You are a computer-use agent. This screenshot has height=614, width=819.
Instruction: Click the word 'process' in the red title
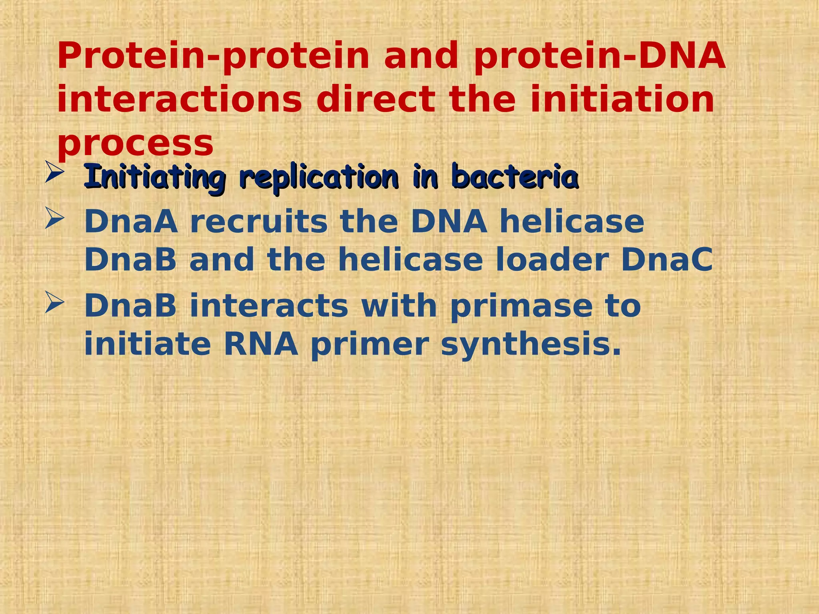coord(135,144)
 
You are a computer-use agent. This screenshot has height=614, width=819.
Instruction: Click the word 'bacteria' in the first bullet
coord(515,176)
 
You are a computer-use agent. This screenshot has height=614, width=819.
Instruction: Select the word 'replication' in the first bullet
coord(319,176)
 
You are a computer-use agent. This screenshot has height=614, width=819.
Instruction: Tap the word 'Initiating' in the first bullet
coord(155,176)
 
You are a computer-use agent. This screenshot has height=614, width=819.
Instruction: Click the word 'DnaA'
coord(131,221)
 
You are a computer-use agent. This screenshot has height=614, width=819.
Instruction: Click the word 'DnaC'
coord(667,259)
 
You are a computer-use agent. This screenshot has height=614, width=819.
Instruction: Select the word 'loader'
coord(552,259)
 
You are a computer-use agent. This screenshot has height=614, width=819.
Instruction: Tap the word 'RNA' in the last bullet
coord(261,344)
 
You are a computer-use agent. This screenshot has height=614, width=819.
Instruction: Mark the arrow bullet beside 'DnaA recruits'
coord(54,217)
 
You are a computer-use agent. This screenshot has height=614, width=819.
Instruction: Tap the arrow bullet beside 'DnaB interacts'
coord(54,302)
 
